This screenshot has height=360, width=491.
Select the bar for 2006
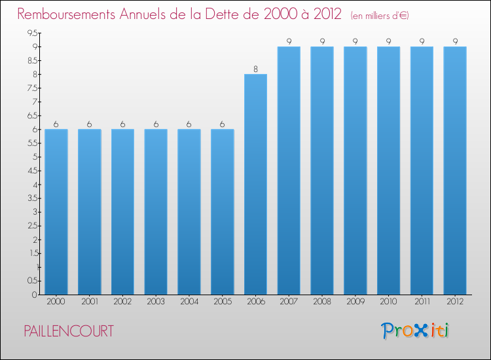(x=255, y=185)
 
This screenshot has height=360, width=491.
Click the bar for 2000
(x=56, y=212)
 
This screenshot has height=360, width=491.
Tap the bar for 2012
(x=455, y=171)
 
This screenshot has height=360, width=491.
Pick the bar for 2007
(x=289, y=171)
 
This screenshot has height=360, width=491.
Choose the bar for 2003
(x=156, y=212)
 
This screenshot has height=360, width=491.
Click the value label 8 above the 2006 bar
(x=255, y=69)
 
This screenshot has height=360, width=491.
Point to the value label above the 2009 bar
(x=355, y=41)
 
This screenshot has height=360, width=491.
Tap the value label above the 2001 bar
(x=90, y=124)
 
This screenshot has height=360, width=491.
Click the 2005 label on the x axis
(x=223, y=302)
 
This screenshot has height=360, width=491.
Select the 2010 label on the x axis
(x=388, y=302)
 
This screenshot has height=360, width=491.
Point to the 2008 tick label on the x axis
(x=322, y=302)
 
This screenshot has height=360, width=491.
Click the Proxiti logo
(x=415, y=331)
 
